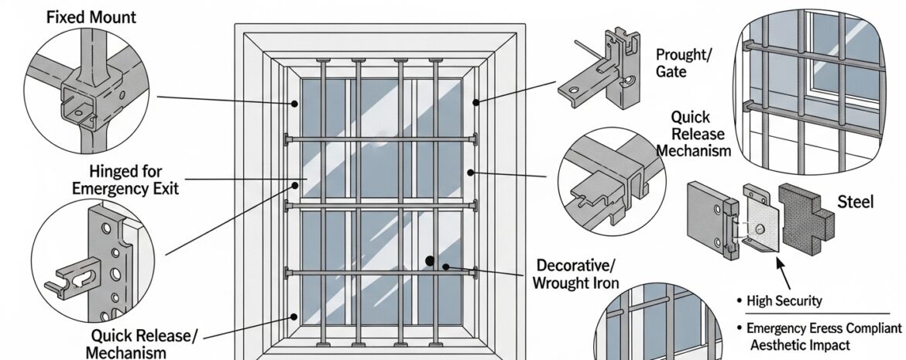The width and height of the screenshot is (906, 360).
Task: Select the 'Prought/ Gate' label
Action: pyautogui.click(x=682, y=63)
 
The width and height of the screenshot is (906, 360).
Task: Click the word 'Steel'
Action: pyautogui.click(x=856, y=203)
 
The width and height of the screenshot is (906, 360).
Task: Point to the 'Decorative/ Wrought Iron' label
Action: pyautogui.click(x=575, y=273)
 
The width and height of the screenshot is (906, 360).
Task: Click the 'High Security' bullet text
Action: pyautogui.click(x=784, y=300)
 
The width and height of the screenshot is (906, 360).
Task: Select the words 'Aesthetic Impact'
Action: pyautogui.click(x=800, y=345)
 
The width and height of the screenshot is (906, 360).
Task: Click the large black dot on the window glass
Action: pyautogui.click(x=428, y=262)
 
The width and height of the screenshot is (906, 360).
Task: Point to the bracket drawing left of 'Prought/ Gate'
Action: pyautogui.click(x=601, y=74)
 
